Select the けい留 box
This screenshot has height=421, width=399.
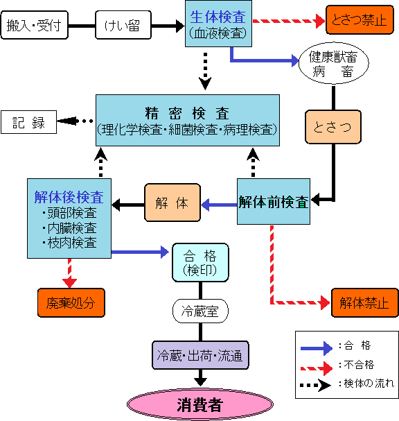[122, 26]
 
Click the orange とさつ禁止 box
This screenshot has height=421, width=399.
[354, 20]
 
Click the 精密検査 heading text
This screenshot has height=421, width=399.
[187, 112]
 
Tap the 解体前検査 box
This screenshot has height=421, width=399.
[274, 202]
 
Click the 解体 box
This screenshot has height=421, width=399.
[172, 203]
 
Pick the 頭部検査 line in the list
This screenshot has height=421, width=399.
[69, 213]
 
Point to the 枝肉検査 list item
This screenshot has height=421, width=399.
[69, 243]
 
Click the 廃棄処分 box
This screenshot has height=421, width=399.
[70, 303]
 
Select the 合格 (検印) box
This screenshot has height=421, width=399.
[199, 261]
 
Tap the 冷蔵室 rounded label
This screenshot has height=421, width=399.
[199, 311]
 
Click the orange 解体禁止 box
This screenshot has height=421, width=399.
[364, 303]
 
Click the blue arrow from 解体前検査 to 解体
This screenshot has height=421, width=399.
[218, 204]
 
